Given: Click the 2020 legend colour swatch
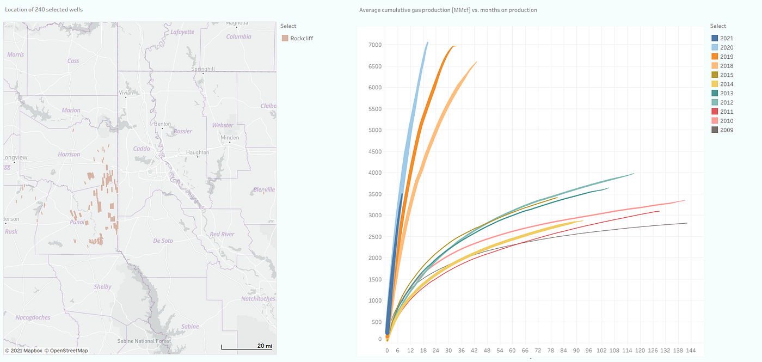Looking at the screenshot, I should tap(715, 47).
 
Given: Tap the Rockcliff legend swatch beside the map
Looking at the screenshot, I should tap(285, 38).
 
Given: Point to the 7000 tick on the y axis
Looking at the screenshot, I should tap(374, 45).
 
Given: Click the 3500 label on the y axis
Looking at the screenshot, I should tap(374, 194).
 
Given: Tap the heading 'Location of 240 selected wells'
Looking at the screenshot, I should tap(44, 10).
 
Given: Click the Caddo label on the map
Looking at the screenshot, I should tap(142, 149).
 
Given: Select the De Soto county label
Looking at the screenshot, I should tap(163, 241).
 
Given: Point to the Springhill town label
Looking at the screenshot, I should tap(203, 70).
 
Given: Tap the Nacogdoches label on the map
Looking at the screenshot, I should tap(33, 317).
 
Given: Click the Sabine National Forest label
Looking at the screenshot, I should tap(144, 341).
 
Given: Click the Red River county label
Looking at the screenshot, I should tap(222, 234).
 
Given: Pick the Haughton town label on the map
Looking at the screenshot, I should tap(197, 152).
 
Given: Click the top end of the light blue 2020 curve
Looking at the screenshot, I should tap(427, 42).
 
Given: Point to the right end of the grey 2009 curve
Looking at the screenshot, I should tap(686, 223).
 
